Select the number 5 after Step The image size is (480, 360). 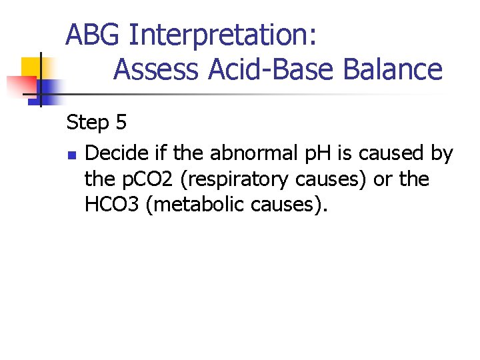120,123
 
